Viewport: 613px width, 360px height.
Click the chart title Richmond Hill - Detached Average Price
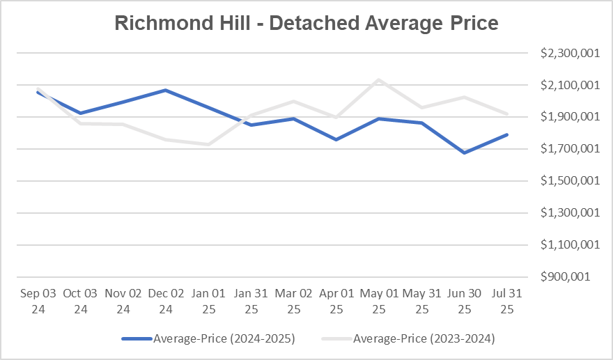[306, 23]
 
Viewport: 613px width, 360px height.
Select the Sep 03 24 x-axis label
[38, 301]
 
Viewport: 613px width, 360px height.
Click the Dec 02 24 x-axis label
[165, 301]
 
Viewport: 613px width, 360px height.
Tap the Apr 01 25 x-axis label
[336, 301]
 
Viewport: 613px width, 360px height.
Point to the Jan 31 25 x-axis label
[251, 301]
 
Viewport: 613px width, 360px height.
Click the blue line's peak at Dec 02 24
[165, 90]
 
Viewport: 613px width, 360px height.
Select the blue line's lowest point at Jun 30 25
[464, 152]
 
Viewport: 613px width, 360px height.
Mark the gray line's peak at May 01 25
[378, 79]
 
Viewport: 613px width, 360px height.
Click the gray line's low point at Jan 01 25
[208, 144]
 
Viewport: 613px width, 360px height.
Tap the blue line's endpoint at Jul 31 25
[507, 134]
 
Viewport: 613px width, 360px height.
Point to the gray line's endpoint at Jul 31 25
[507, 114]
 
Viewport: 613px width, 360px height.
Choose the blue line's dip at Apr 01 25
[336, 139]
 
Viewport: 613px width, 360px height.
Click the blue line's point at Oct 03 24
[80, 113]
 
